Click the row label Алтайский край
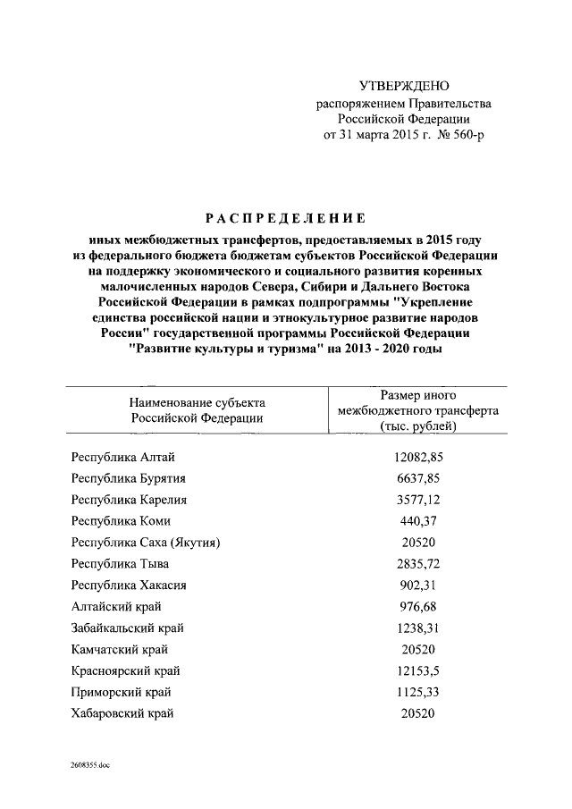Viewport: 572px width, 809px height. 112,607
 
